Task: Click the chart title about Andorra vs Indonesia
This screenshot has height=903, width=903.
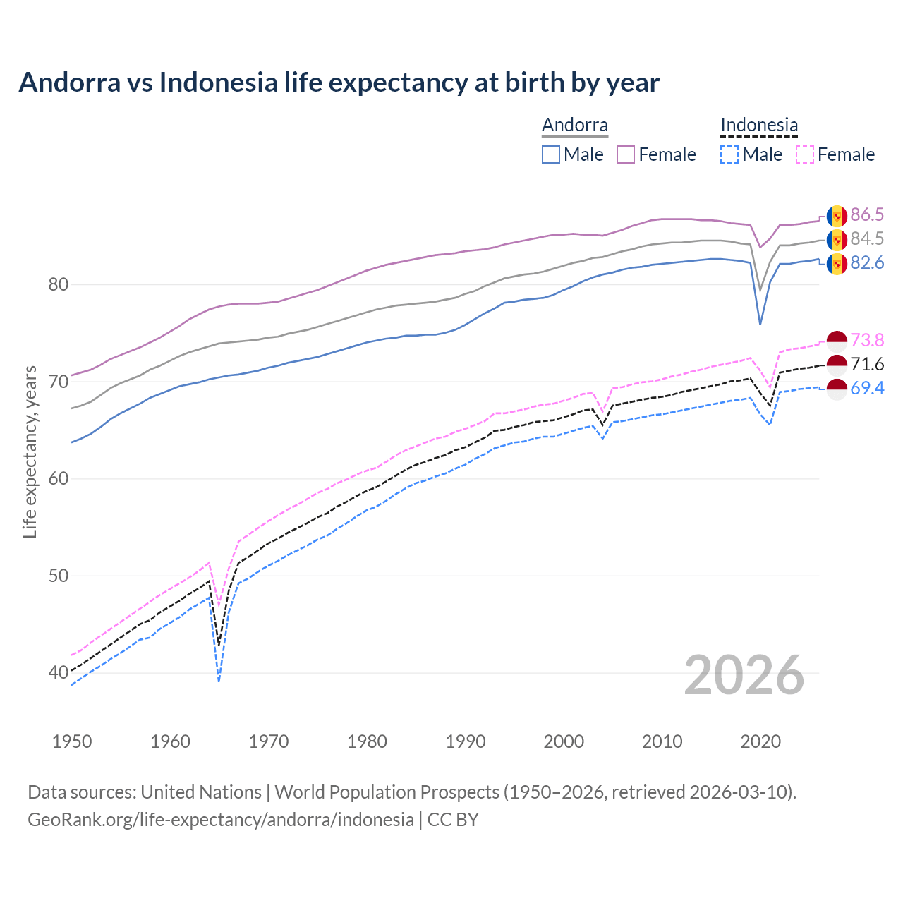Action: click(339, 83)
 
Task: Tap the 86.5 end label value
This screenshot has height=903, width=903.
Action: click(867, 215)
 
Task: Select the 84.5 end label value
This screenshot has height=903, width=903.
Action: click(867, 239)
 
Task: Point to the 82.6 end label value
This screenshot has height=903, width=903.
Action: click(867, 263)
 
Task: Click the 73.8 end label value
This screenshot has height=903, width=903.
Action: click(867, 341)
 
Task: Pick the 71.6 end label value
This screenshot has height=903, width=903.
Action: click(867, 365)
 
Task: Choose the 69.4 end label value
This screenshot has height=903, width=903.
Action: click(867, 389)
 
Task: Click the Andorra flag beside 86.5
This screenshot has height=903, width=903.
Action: click(837, 215)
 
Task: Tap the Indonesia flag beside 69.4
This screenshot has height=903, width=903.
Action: click(837, 389)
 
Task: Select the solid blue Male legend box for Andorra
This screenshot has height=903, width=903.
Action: click(551, 154)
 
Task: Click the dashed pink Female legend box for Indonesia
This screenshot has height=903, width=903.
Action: click(805, 154)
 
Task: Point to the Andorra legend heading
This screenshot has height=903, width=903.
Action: click(574, 126)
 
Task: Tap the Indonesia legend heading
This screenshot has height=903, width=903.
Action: click(759, 126)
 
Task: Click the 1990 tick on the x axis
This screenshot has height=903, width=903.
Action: click(466, 741)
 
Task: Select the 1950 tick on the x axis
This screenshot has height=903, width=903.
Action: click(73, 741)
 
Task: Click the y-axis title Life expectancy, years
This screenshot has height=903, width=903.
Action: click(30, 451)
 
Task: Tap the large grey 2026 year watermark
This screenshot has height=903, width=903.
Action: click(744, 675)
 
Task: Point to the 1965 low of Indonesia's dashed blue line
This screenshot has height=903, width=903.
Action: click(219, 681)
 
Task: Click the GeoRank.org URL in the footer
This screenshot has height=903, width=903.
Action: click(221, 820)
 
